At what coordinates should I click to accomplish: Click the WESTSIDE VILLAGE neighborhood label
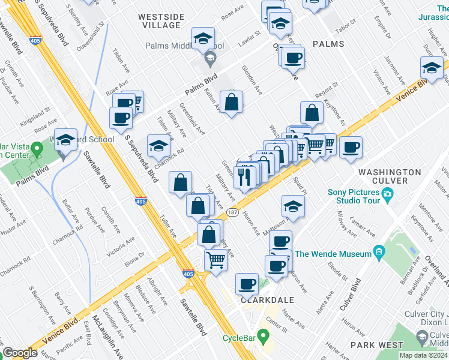[158, 21]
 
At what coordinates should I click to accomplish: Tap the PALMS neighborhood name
[328, 44]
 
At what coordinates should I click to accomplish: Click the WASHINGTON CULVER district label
[390, 178]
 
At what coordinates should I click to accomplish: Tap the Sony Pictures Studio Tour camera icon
[388, 194]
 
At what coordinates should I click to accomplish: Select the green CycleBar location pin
[262, 335]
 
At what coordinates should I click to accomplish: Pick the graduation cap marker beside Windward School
[66, 141]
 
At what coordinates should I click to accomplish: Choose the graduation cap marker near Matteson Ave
[292, 207]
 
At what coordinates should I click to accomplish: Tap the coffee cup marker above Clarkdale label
[247, 284]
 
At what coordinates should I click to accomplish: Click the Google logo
[20, 353]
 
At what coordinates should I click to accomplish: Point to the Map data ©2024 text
[423, 355]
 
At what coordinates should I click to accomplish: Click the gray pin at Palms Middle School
[210, 59]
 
